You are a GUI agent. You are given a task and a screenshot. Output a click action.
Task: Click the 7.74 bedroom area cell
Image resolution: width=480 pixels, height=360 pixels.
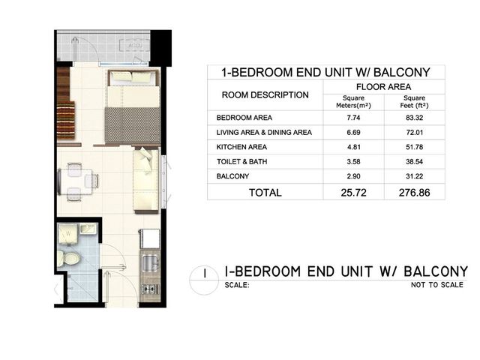click(x=353, y=118)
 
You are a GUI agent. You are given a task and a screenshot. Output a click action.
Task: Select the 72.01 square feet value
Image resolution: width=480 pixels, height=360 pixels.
click(x=414, y=132)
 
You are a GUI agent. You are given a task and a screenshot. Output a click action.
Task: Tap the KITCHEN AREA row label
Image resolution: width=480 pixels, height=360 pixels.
click(x=241, y=147)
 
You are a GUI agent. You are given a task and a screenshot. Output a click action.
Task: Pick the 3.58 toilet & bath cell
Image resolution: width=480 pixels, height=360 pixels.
click(x=353, y=161)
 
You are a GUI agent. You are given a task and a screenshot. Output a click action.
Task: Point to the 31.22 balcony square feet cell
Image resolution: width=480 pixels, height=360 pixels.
click(x=414, y=176)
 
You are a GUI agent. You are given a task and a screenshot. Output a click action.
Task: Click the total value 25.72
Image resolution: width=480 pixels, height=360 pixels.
click(x=353, y=193)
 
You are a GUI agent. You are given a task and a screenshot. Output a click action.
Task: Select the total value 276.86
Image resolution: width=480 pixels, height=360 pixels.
click(x=414, y=193)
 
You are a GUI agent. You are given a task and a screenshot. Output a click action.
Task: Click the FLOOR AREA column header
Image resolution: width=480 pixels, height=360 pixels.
click(x=383, y=87)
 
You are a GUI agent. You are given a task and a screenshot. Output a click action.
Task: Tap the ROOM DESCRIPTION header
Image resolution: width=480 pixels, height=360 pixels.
click(x=265, y=95)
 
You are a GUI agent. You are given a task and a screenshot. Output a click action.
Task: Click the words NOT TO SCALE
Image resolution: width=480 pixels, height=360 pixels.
click(x=436, y=285)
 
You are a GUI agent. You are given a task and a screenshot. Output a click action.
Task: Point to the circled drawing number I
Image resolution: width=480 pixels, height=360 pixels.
click(x=205, y=273)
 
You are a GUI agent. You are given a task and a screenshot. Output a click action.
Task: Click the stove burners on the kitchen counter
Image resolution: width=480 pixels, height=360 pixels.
click(x=150, y=288)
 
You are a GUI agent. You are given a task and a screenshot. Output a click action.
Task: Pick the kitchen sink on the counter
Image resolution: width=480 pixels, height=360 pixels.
click(x=150, y=263)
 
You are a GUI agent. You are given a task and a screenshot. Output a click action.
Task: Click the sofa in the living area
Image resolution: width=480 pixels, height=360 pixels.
click(x=146, y=180)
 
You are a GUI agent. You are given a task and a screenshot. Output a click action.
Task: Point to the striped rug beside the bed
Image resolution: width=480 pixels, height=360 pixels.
click(x=66, y=120)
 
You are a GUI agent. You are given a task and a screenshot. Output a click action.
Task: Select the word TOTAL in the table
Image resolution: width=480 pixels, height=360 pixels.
click(x=265, y=193)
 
